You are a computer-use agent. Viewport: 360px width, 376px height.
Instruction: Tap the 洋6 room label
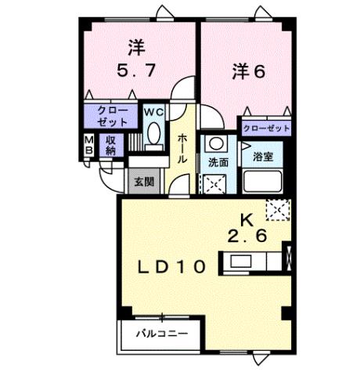248,71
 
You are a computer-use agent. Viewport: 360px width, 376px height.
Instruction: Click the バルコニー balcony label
160,334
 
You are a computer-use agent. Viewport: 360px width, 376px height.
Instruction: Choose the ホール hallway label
182,148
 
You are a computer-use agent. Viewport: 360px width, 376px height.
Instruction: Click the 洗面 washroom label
218,162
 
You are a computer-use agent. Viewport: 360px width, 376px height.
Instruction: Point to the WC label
153,111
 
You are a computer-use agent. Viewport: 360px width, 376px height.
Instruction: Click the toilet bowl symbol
153,132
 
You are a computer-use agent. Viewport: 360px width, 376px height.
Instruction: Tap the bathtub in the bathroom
262,183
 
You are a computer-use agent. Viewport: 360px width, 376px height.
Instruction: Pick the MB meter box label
89,144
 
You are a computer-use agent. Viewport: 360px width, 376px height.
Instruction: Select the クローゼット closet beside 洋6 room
266,128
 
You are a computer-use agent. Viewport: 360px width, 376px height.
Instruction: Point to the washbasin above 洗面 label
216,145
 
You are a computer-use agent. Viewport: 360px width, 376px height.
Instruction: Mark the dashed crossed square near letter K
276,210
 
